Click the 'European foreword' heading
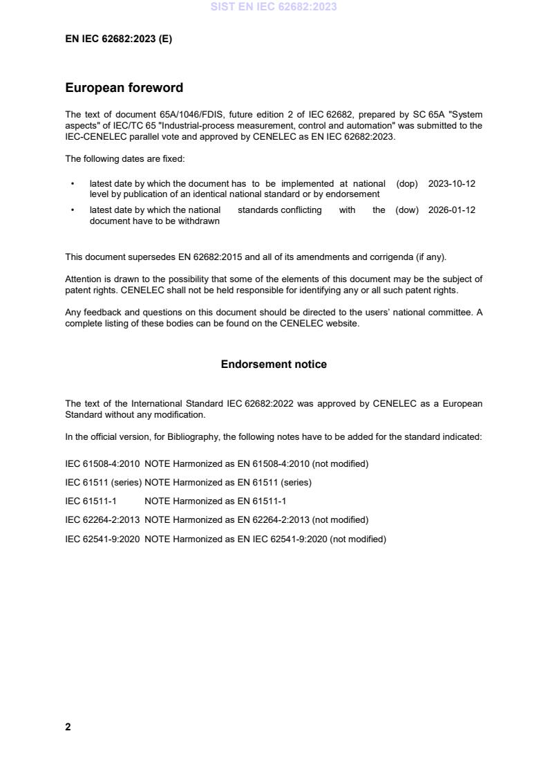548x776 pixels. [124, 88]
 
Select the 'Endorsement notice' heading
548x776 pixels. [274, 364]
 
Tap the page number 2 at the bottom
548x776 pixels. [68, 727]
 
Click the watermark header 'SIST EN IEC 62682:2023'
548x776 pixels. [274, 8]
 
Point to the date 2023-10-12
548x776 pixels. [451, 184]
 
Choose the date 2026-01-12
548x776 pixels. [451, 210]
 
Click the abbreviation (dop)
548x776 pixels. [407, 184]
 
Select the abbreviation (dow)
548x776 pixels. [407, 210]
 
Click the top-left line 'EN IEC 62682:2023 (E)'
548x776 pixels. [118, 39]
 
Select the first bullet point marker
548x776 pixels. [73, 185]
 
